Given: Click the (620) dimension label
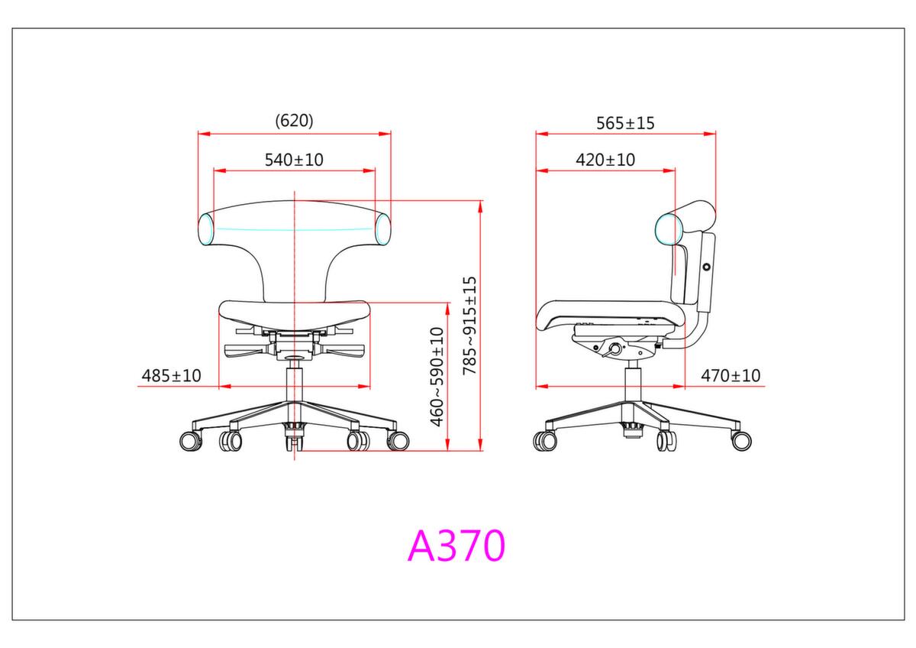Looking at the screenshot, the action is pos(294,121).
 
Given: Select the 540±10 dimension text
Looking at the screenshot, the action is pos(294,160).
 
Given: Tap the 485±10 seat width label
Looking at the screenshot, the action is pos(171,375).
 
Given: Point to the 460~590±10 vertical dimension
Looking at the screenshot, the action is pos(437,377).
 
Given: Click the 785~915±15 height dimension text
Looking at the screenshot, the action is pos(470,326).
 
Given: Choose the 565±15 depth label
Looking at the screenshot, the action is pos(625,123).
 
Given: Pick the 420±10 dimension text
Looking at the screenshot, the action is pos(605,160).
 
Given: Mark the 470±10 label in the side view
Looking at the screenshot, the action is pos(731,375).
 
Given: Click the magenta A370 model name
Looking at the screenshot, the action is pos(456,546).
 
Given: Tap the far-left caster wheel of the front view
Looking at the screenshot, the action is pos(191,441).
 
